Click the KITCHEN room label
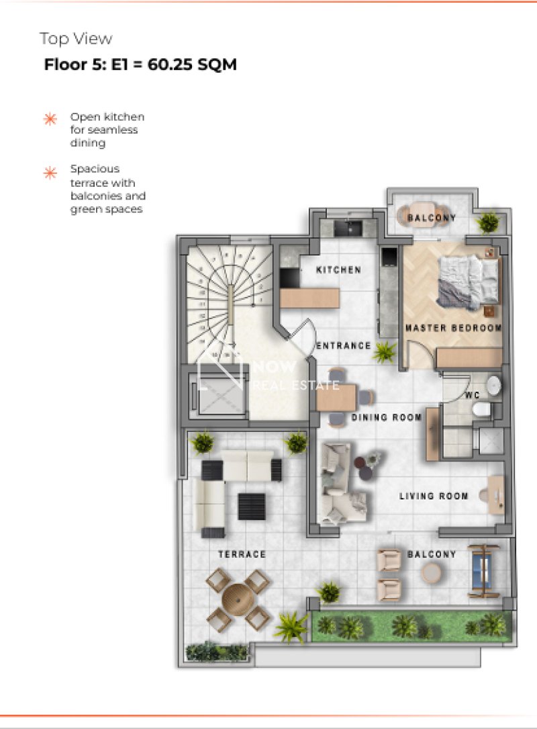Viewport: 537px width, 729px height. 338,269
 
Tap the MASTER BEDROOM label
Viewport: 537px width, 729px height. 453,328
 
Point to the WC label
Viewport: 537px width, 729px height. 473,395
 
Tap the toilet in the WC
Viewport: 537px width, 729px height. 482,411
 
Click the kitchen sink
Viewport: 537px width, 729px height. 348,228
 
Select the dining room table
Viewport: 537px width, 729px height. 336,398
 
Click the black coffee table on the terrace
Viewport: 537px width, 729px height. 252,507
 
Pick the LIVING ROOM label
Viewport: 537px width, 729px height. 434,496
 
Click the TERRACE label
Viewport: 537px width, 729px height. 242,554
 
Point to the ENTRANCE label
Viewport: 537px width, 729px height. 343,345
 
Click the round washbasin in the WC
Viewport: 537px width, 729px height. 494,386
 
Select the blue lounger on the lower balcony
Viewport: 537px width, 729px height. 483,571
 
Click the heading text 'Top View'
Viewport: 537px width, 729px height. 76,38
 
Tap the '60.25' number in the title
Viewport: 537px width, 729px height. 170,64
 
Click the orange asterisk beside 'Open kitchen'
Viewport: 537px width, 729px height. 50,119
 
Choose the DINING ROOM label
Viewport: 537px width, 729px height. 387,417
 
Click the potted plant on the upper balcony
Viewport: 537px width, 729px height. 489,222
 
